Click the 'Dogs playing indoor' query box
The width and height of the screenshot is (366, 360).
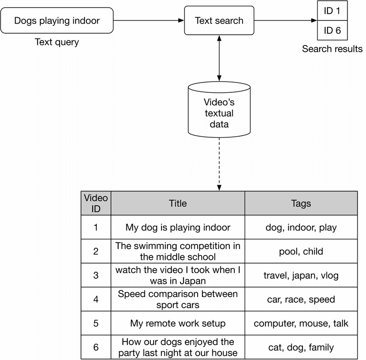point(57,21)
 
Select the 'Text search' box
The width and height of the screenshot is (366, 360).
point(219,21)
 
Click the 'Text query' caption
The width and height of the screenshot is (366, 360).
point(57,42)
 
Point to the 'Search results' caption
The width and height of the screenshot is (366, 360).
point(332,49)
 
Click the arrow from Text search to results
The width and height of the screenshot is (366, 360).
point(286,21)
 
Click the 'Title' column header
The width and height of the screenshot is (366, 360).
point(178,204)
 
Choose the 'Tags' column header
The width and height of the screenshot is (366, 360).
point(300,204)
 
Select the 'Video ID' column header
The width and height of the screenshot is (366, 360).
point(96,204)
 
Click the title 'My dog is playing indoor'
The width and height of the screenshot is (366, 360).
point(178,228)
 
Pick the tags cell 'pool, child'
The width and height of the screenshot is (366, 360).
point(300,252)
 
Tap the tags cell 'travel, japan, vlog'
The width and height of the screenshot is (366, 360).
point(300,275)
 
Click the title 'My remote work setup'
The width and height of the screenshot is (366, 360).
point(178,323)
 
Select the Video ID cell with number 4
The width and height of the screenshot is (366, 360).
point(96,299)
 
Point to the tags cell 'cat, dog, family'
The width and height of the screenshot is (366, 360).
point(300,347)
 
